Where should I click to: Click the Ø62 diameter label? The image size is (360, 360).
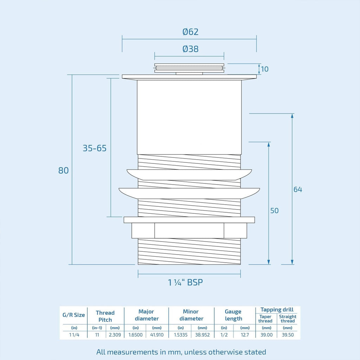click(x=190, y=32)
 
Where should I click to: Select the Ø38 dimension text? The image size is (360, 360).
click(x=190, y=49)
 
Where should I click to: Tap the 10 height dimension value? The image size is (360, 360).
click(x=264, y=69)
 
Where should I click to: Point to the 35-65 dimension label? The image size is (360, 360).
click(x=95, y=148)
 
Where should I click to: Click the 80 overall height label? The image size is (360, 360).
click(x=63, y=171)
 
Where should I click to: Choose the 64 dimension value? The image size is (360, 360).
click(x=298, y=189)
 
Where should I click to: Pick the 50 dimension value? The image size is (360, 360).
click(x=274, y=211)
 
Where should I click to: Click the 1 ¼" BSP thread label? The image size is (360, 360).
click(x=186, y=282)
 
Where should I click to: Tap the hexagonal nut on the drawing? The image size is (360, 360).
click(x=189, y=231)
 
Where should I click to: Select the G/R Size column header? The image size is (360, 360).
click(x=74, y=315)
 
